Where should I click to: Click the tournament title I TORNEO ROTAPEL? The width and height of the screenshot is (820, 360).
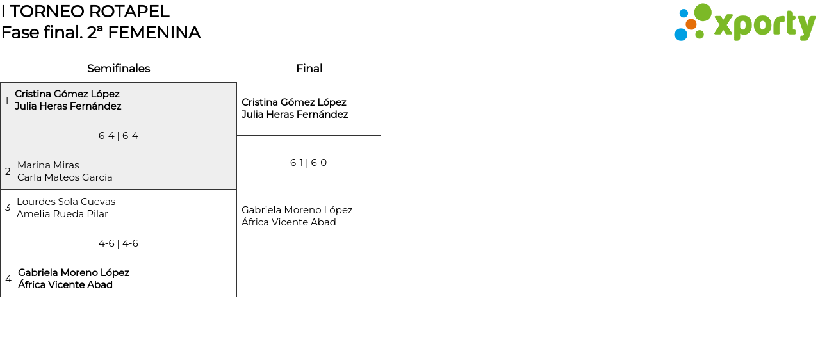[x=85, y=12]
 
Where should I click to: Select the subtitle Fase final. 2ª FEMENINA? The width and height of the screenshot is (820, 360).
[x=101, y=33]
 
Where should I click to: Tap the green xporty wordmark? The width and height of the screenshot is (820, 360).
[x=765, y=26]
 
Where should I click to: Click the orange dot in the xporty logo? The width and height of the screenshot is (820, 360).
[x=691, y=24]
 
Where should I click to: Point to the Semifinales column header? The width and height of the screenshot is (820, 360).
[x=119, y=69]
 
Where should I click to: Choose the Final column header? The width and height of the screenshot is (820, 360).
[x=309, y=69]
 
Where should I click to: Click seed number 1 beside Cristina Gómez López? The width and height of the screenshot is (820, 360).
[x=6, y=100]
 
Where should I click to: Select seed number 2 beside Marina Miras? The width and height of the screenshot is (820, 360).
[x=8, y=171]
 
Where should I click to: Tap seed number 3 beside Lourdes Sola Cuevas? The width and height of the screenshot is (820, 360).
[x=8, y=208]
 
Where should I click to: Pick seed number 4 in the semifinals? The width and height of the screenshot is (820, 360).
[x=8, y=279]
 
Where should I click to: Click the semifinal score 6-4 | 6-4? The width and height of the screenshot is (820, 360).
[x=119, y=136]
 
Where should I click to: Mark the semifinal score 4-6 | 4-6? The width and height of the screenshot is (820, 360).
[x=119, y=243]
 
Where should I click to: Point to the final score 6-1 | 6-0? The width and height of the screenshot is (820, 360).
[x=308, y=163]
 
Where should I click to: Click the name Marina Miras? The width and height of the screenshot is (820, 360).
[x=48, y=165]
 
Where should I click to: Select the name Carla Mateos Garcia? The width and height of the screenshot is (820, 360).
[x=65, y=177]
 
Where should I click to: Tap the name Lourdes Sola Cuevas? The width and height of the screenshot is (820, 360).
[x=66, y=202]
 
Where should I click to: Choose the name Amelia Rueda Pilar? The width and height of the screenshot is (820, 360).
[x=62, y=214]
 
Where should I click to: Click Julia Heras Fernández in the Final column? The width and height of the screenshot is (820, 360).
[x=295, y=115]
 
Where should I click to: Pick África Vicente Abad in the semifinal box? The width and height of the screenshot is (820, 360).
[x=65, y=284]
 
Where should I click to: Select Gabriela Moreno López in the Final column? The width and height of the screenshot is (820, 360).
[x=297, y=210]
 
